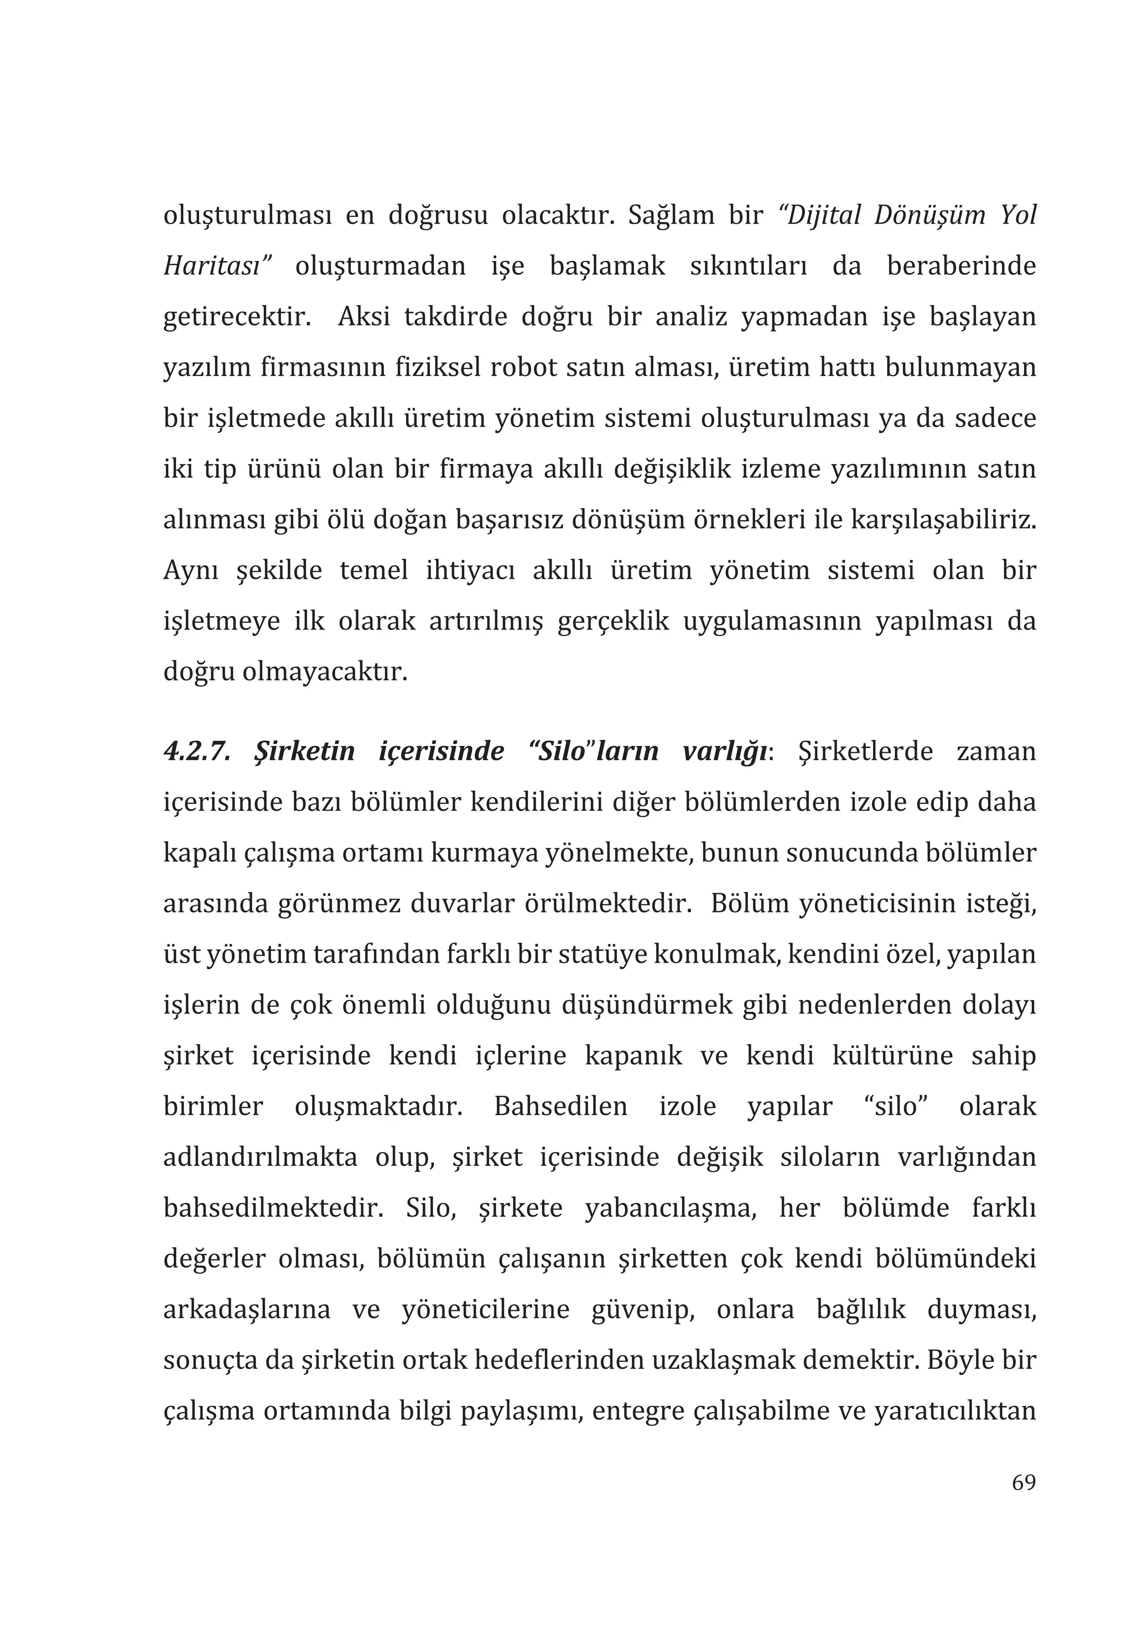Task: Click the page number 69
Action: pos(1023,1483)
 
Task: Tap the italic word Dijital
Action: pos(820,215)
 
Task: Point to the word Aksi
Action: pos(364,316)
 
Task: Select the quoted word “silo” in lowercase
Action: pos(897,1107)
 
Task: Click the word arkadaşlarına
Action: pos(246,1310)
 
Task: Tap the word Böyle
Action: pos(958,1360)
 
